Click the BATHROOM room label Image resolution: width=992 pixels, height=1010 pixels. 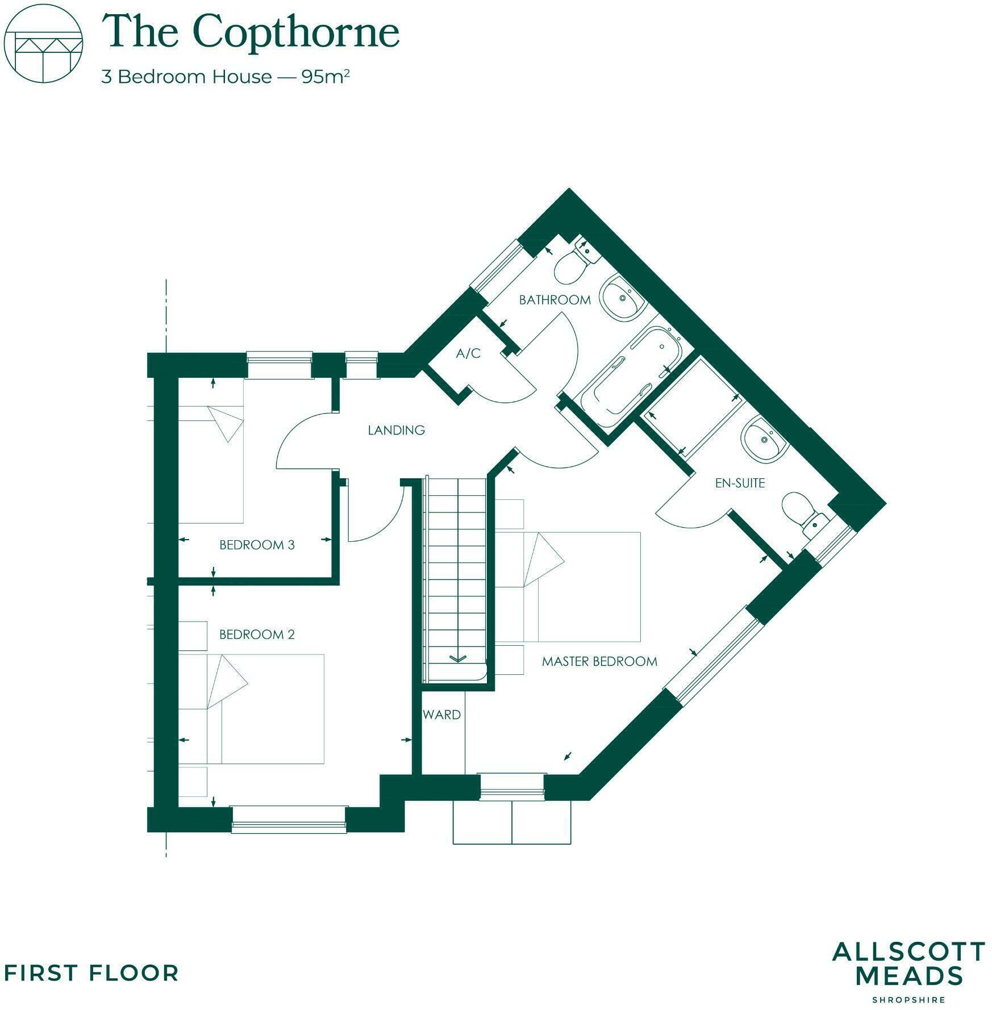[555, 300]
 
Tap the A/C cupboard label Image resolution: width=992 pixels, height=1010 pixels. [468, 354]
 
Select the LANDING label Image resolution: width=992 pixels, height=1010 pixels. [396, 430]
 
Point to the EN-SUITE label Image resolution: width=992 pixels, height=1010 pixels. [740, 483]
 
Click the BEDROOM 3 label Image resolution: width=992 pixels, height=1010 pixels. [257, 545]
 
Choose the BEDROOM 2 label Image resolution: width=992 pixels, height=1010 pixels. [257, 635]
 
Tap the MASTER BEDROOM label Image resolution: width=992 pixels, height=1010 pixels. [599, 661]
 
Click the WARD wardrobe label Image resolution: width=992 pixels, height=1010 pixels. [441, 715]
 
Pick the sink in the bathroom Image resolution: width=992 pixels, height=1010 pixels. [623, 298]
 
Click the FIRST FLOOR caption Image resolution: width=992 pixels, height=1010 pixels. [91, 973]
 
